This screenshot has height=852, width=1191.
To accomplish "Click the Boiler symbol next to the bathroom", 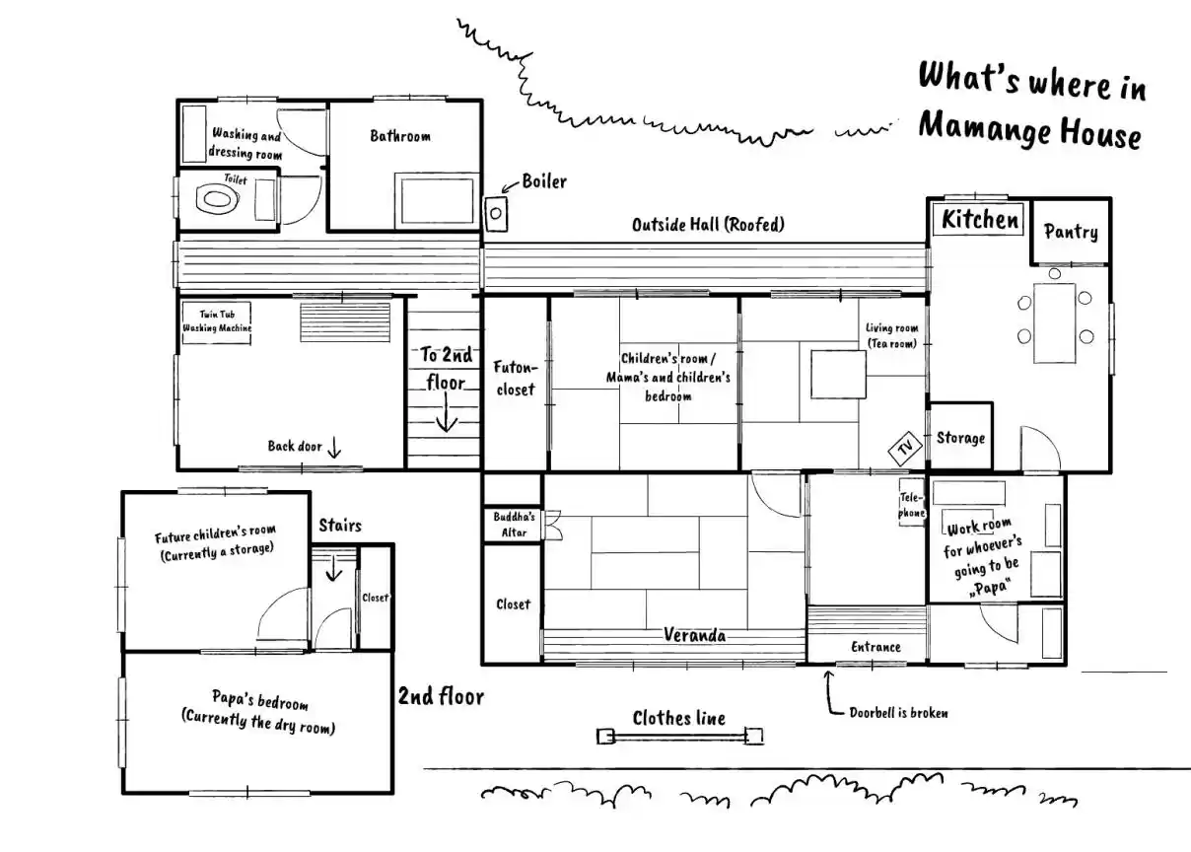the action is pos(496,214).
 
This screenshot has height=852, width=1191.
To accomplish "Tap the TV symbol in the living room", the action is pos(905,448).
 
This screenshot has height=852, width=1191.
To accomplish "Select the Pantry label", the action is pos(1071,232).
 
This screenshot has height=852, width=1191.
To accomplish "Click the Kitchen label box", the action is pos(979,219).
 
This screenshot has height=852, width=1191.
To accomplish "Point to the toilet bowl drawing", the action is pos(217,200).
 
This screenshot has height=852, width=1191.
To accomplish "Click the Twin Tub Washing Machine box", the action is pos(216,322).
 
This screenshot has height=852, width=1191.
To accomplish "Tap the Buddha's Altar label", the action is pos(514,525).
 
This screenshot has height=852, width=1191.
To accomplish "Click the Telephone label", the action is pos(911,505).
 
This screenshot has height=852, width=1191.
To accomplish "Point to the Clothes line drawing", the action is pos(679,737).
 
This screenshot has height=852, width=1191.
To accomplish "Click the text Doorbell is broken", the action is pos(898,713).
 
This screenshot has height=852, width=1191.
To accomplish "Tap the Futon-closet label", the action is pos(516,378).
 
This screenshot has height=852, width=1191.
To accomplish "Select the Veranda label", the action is pos(694,635).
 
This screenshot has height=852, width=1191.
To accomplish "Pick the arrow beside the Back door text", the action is pos(334,448).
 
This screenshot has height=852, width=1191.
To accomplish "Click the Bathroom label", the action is pos(400,136).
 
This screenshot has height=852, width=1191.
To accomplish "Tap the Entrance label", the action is pos(876,647).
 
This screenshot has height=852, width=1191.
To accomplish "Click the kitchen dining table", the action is pos(1054,323).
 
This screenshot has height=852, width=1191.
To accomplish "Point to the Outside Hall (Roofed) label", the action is pos(708,225).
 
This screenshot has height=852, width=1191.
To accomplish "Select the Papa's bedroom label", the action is pos(259,699).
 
